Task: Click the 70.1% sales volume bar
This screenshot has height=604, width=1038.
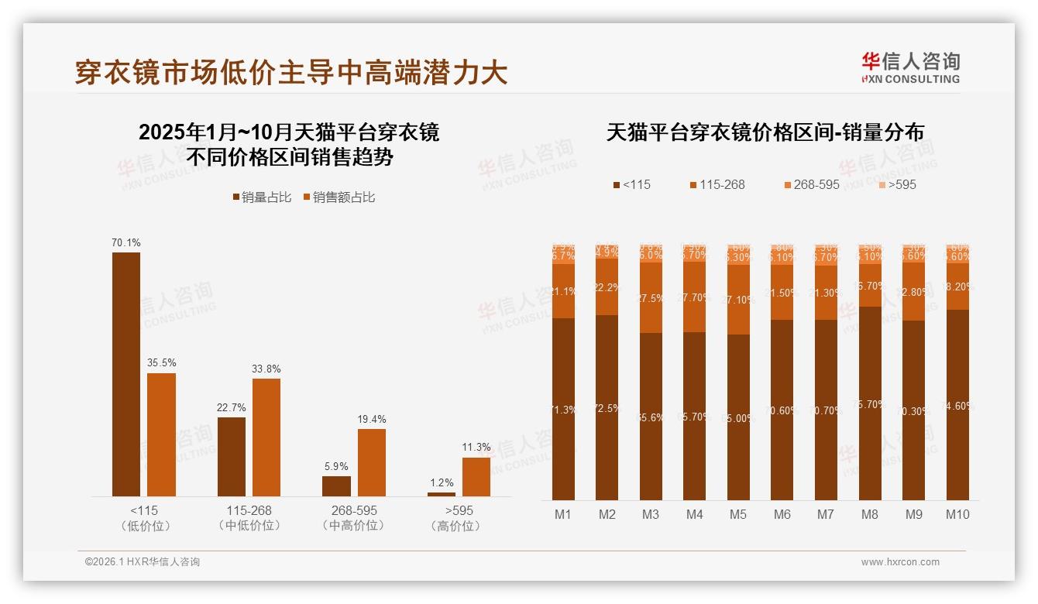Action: coord(126,374)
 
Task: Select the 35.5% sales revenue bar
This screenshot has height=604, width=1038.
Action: coord(162,434)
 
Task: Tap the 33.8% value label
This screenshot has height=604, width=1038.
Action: coord(266,369)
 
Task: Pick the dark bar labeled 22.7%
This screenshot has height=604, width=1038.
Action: coord(232,457)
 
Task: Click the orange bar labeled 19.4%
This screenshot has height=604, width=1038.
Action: coord(372,462)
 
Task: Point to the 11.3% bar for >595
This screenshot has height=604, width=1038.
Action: coord(476,477)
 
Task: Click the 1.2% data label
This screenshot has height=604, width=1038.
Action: coord(441,483)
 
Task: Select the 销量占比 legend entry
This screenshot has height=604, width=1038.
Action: coord(261,197)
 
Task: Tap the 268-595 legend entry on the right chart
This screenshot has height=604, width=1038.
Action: coord(811,185)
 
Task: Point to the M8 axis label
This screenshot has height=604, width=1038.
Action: coord(870,514)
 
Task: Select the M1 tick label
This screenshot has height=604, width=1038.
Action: coord(562,514)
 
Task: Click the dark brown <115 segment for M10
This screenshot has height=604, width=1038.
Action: coord(957,405)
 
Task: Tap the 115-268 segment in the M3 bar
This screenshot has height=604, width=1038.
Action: coord(651,298)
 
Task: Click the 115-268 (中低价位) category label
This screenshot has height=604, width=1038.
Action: coord(249,518)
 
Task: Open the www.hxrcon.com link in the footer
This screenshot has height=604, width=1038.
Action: coord(900,562)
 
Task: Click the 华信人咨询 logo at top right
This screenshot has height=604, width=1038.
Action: coord(910,67)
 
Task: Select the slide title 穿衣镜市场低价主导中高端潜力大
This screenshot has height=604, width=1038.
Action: coord(291,72)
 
